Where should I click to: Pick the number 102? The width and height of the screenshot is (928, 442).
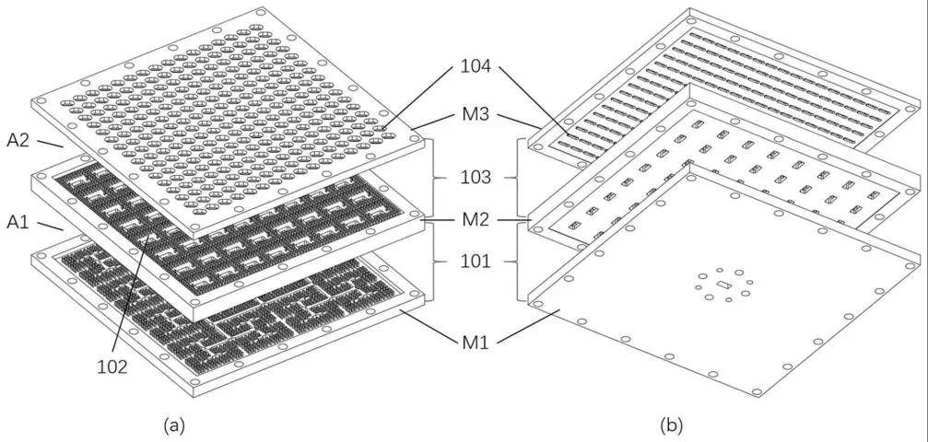[112, 367]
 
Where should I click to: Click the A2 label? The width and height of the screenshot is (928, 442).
[18, 142]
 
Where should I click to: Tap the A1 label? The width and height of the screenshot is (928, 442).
[18, 223]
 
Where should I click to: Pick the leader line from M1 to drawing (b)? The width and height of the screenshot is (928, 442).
[529, 325]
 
